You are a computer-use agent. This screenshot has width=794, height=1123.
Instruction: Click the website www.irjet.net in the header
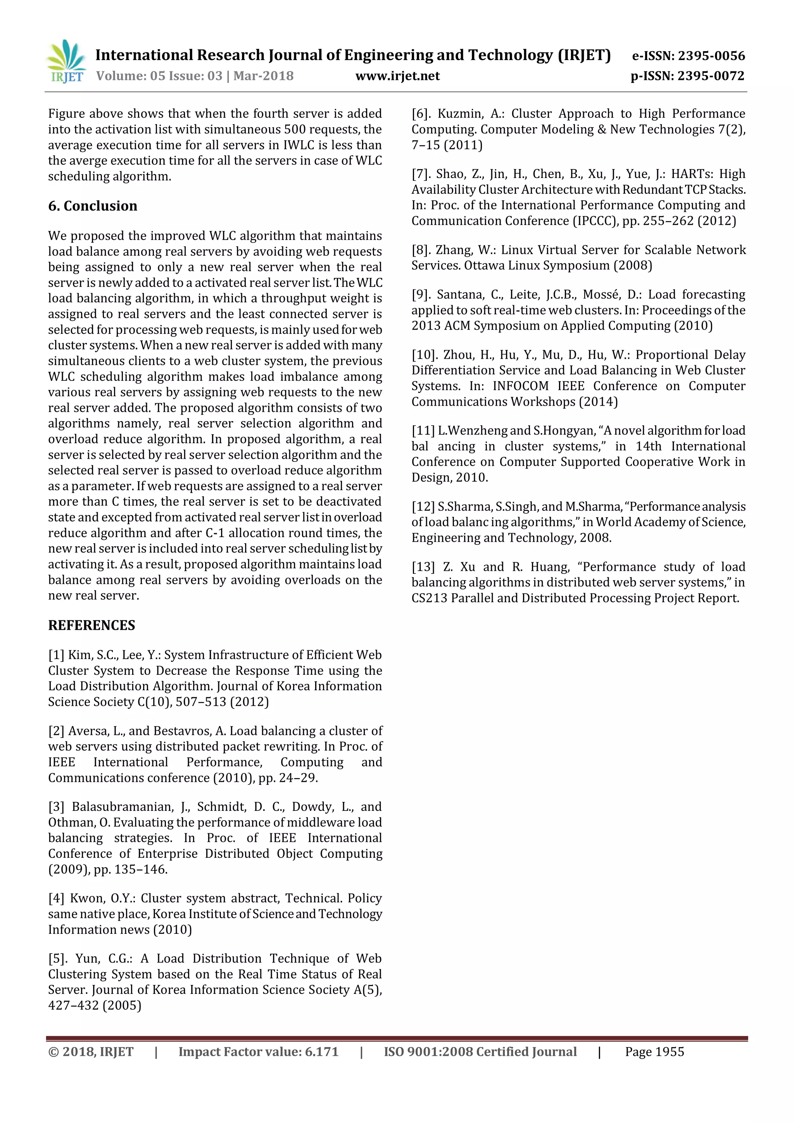[397, 76]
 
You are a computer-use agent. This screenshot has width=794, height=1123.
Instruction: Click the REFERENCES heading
[91, 625]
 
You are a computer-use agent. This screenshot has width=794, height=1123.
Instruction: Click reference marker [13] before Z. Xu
[423, 567]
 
